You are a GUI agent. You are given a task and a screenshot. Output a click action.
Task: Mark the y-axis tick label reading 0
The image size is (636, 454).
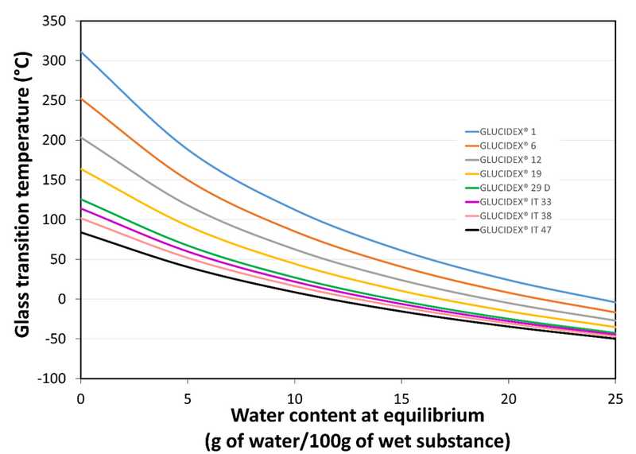click(x=67, y=299)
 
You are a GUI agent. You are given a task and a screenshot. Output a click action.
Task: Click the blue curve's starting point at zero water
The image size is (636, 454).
click(x=81, y=52)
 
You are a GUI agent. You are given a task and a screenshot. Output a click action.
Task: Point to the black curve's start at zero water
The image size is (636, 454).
click(x=81, y=232)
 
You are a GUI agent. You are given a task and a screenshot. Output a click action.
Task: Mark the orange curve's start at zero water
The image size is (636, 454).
click(x=81, y=99)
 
